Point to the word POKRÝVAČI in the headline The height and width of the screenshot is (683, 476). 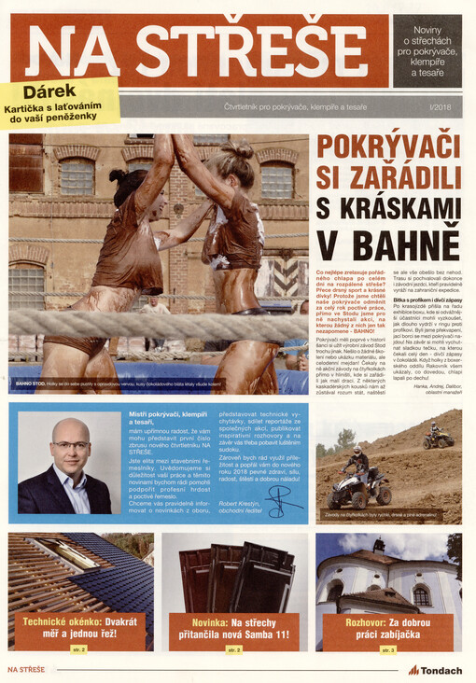pyautogui.click(x=388, y=147)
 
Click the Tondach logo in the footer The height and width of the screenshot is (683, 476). pyautogui.click(x=435, y=670)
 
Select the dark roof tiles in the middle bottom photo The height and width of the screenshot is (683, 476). pyautogui.click(x=233, y=572)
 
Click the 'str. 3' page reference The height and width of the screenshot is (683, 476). pyautogui.click(x=385, y=648)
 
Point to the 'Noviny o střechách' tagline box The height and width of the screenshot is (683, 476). pyautogui.click(x=426, y=50)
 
